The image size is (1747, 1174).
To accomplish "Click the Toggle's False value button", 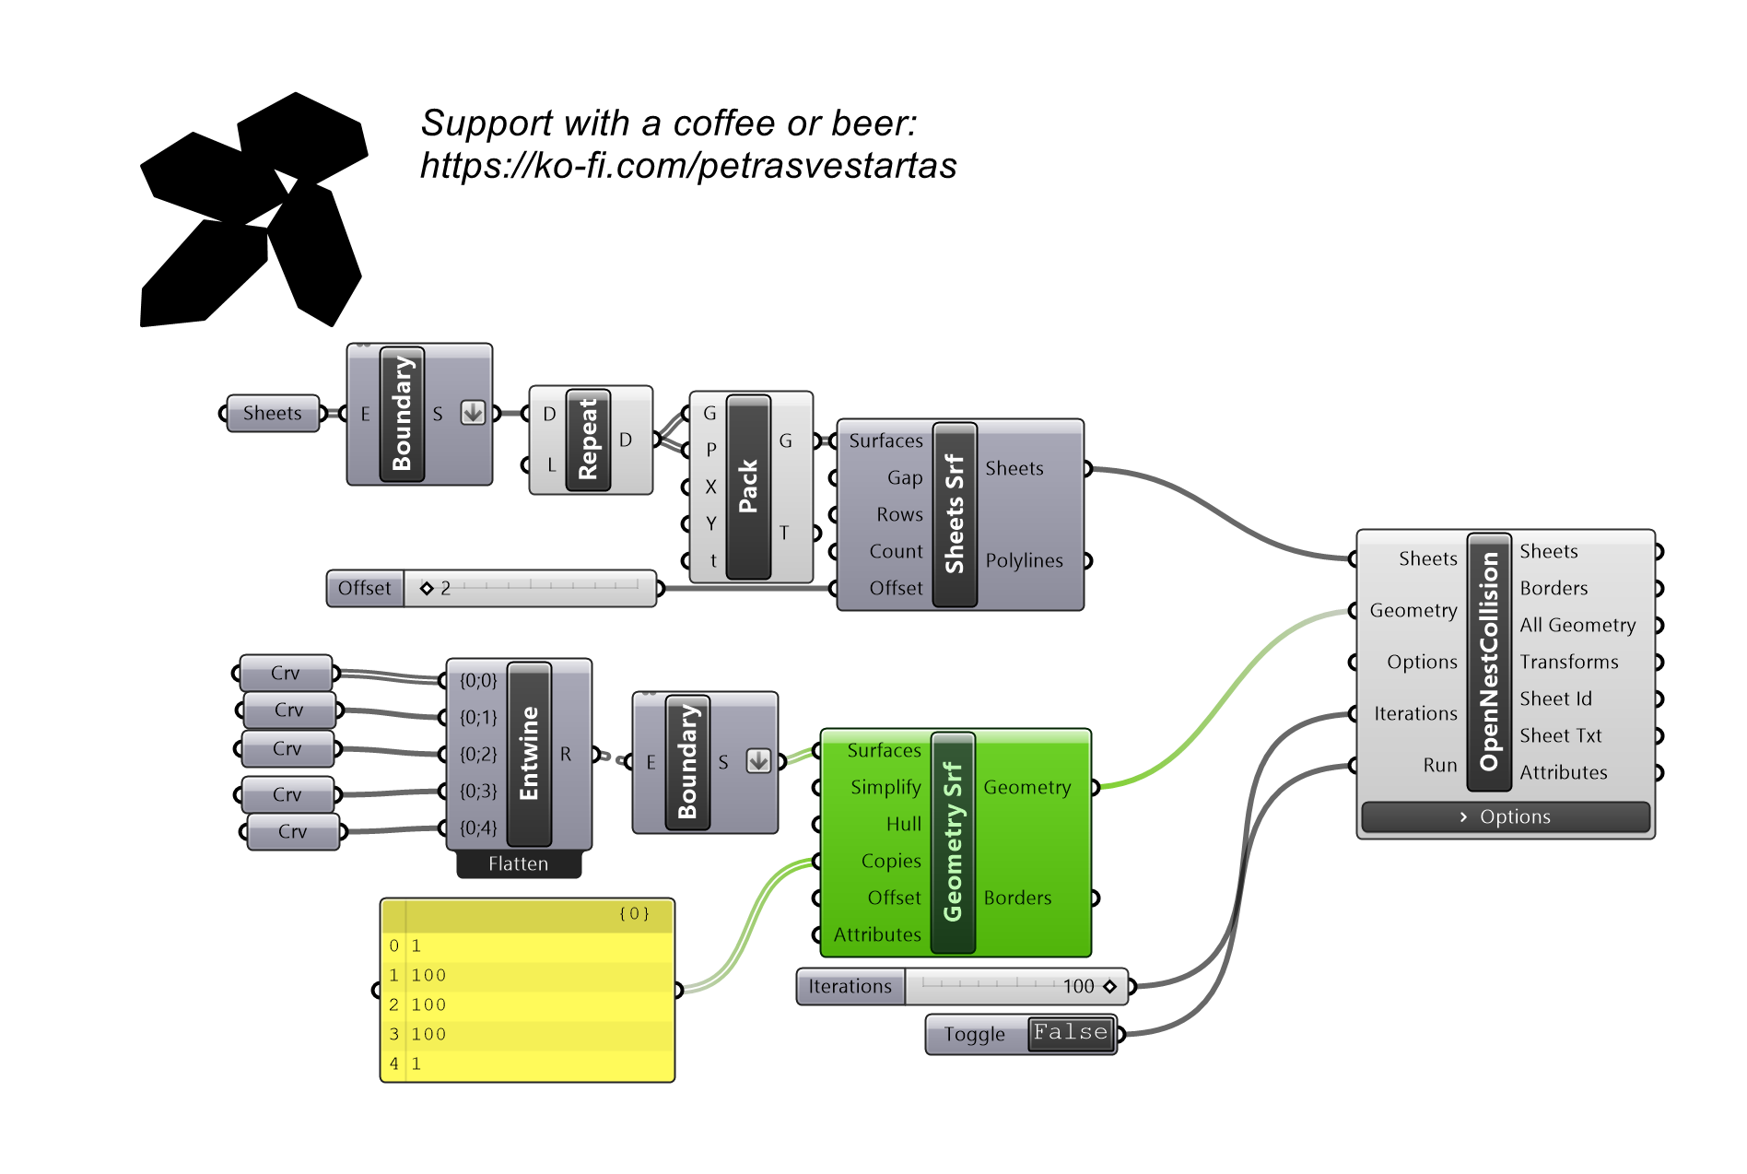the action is click(1071, 1033).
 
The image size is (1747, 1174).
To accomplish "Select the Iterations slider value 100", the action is click(1078, 986).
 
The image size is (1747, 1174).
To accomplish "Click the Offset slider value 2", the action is click(445, 588).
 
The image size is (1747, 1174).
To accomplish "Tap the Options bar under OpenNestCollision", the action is click(1506, 816).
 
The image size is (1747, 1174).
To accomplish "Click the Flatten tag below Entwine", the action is click(519, 863).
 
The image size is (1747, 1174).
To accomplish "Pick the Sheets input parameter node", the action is click(272, 413).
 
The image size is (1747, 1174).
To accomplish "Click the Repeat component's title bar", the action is click(588, 440).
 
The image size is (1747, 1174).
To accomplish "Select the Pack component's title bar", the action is click(748, 487).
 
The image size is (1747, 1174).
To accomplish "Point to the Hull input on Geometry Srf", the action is click(903, 824).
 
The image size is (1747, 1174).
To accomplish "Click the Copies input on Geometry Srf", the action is click(891, 861).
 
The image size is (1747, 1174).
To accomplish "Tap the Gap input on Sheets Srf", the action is click(905, 477).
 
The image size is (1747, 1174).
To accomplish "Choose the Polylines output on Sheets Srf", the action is click(1024, 560).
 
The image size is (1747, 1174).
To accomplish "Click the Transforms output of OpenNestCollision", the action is click(1568, 662).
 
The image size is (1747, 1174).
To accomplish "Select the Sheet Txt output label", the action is click(1561, 735).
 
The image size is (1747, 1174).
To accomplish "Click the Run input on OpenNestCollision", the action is click(1439, 765).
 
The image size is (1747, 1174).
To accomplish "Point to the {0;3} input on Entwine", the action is click(478, 791).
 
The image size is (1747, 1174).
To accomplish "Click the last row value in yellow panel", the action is click(416, 1063).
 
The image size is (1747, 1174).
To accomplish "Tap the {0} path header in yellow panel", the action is click(634, 913).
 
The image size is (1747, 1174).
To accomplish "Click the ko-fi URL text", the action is click(688, 166).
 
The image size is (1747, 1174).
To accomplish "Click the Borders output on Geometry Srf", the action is click(1017, 898).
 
